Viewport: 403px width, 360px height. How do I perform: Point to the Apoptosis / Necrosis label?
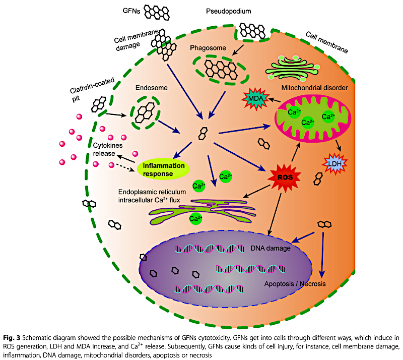(x=295, y=284)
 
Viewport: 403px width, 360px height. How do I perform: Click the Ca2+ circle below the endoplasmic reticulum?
(x=196, y=219)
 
